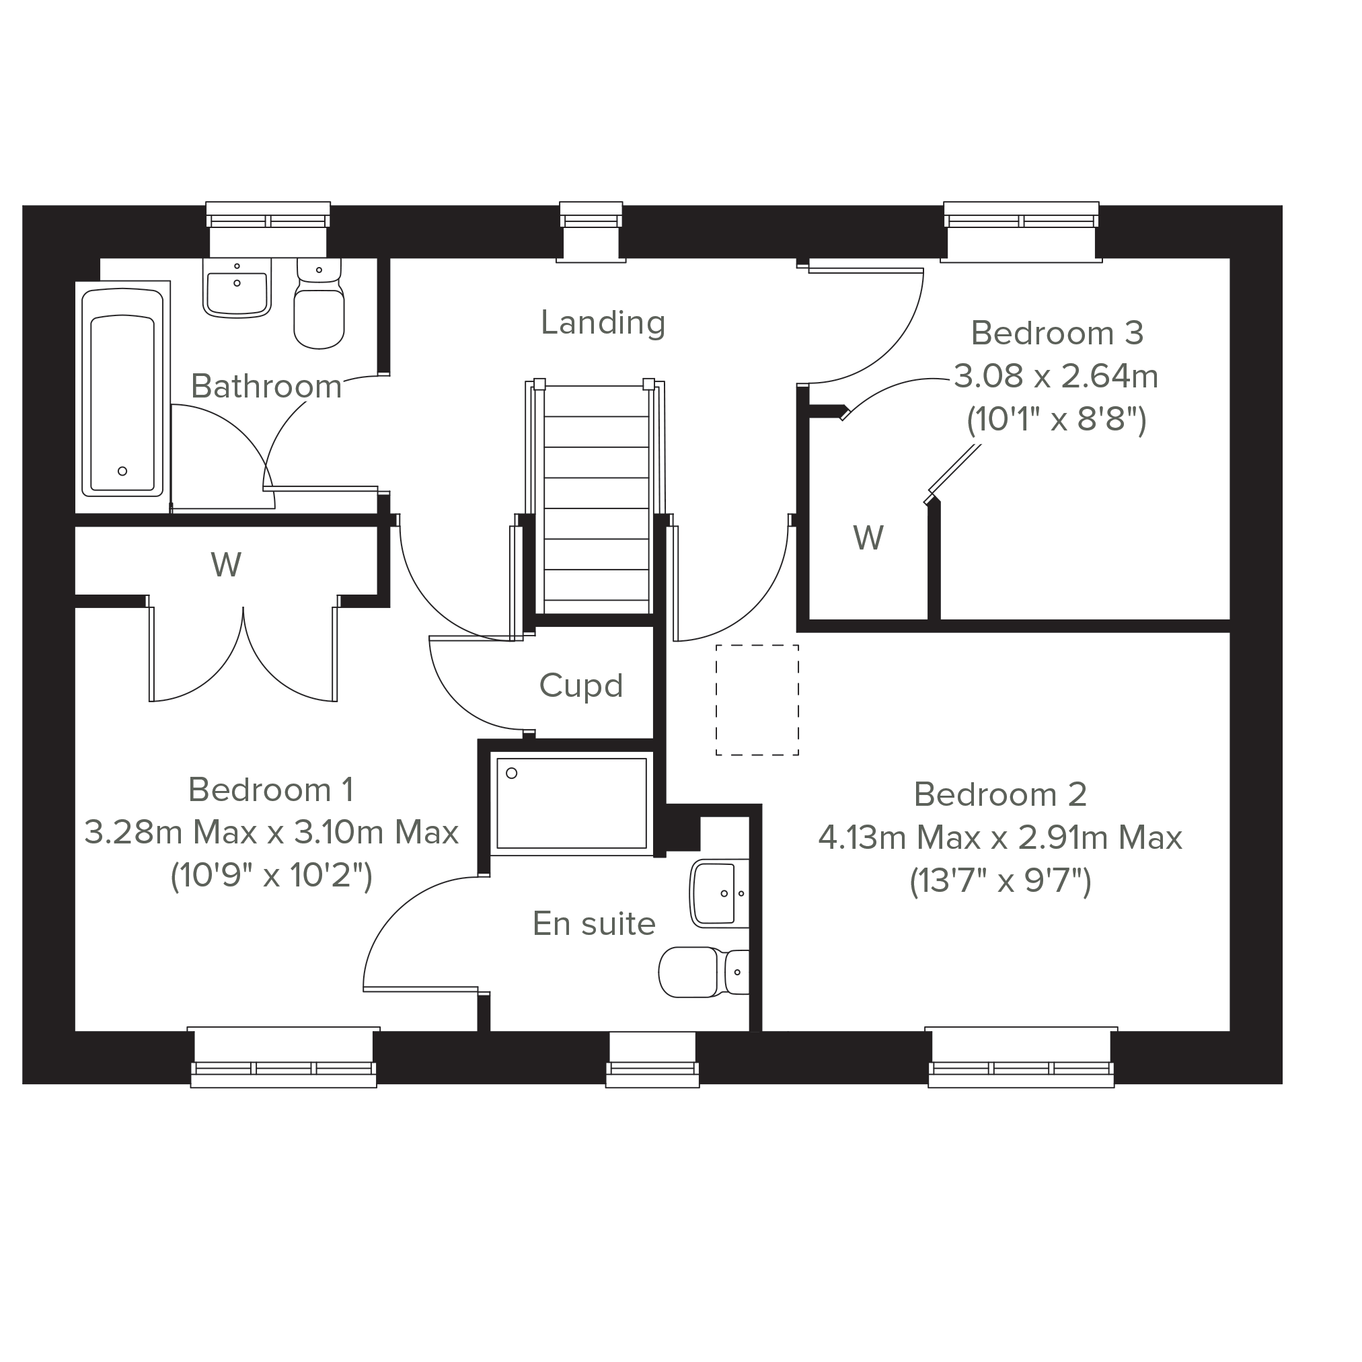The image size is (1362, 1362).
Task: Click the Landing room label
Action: pos(603,324)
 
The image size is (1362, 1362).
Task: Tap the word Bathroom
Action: pos(266,386)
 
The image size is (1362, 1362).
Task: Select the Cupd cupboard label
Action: pos(581,685)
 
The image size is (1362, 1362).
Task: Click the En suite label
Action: pos(594,923)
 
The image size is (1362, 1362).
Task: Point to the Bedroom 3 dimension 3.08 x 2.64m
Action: pos(1056,377)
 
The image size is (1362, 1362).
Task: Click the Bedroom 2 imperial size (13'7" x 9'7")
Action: pos(1000,881)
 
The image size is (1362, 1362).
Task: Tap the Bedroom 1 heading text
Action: pos(270,790)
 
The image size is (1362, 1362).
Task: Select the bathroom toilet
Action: pos(319,304)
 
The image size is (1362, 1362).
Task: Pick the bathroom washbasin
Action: pos(237,288)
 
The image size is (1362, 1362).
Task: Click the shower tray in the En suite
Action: pos(572,803)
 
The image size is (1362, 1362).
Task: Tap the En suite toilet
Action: pos(704,972)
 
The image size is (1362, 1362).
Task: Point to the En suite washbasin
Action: pos(720,893)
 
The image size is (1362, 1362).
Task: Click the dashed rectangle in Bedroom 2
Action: pos(757,700)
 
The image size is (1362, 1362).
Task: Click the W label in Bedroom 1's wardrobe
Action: pos(225,564)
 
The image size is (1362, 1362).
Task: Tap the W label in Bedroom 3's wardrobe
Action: pos(868,538)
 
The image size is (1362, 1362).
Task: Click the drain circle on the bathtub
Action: pos(122,471)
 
